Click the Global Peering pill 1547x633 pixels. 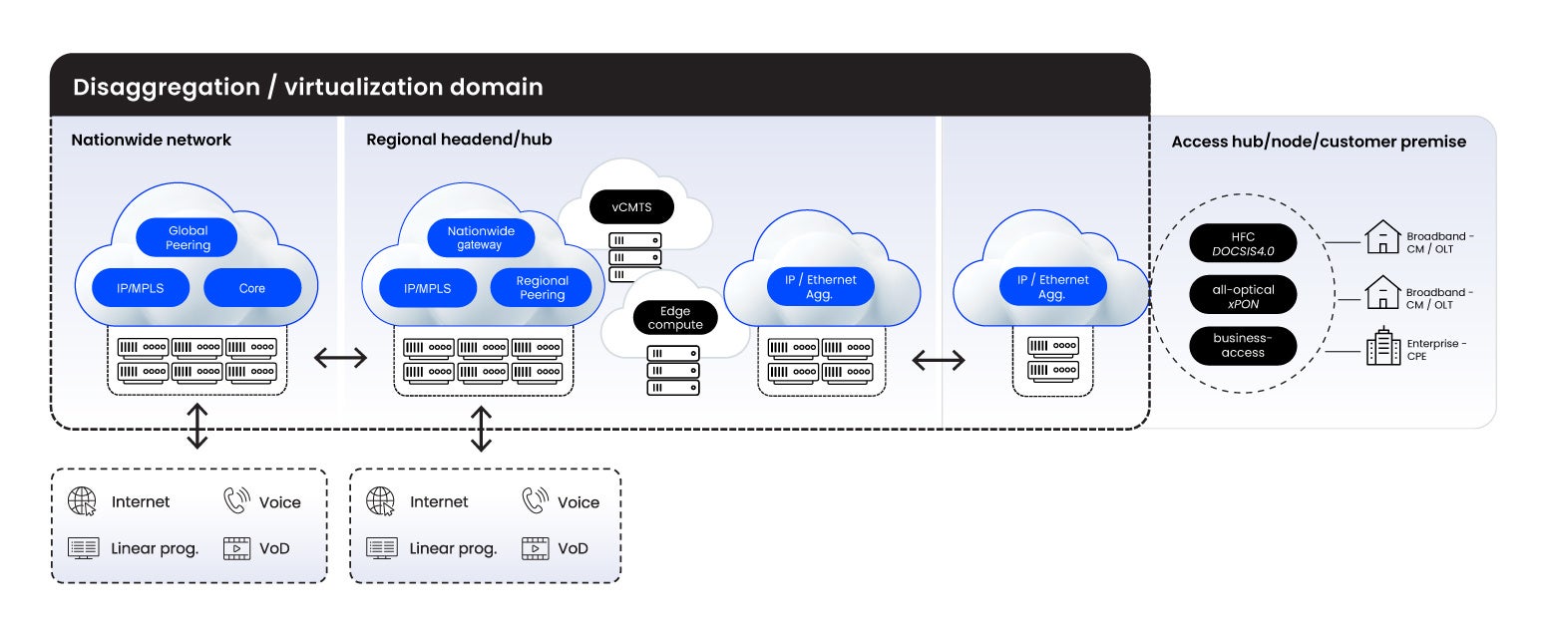[x=188, y=238]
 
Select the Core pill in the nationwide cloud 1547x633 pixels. [x=252, y=288]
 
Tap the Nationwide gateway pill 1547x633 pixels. [x=481, y=238]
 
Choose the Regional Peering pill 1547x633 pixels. [x=542, y=288]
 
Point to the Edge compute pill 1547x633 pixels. [x=675, y=318]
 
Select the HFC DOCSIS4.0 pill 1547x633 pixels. [x=1243, y=244]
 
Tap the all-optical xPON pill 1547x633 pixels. [x=1243, y=296]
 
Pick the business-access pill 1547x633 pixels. [x=1243, y=345]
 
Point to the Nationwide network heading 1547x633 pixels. [x=151, y=140]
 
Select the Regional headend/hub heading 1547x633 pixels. [x=459, y=140]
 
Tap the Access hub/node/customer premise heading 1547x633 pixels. [x=1319, y=142]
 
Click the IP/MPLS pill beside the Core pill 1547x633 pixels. [x=142, y=288]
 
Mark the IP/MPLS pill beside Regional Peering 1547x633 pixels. [x=428, y=288]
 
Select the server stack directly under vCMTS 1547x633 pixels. [x=635, y=256]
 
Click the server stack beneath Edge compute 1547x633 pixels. [x=673, y=370]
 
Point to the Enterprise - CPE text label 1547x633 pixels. [x=1436, y=349]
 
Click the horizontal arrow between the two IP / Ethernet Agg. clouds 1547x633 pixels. [x=939, y=360]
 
